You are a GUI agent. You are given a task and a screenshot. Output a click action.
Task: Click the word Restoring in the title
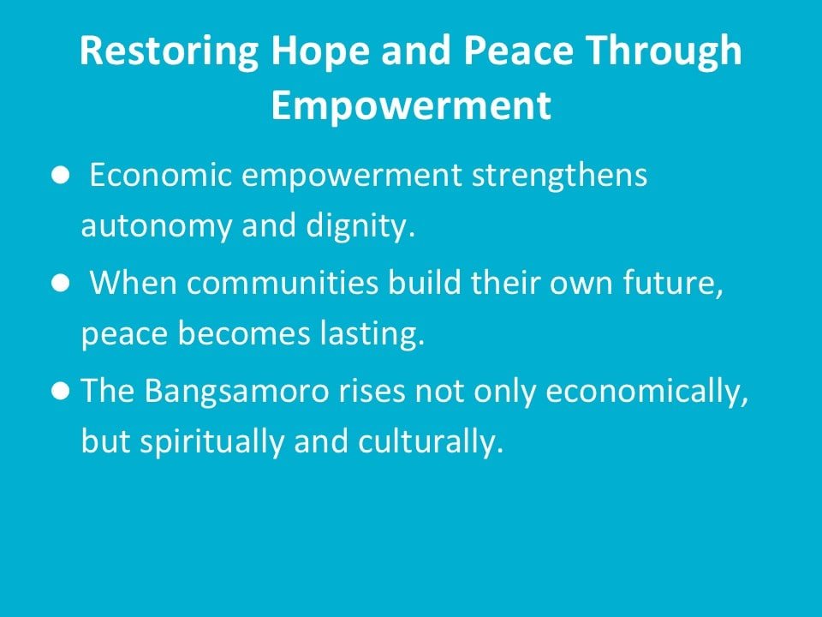169,51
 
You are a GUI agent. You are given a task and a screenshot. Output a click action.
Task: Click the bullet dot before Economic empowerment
61,176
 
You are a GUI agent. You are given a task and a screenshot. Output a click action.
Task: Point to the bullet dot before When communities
61,284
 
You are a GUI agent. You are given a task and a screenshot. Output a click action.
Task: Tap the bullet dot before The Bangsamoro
61,391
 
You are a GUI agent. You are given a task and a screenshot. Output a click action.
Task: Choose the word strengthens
559,175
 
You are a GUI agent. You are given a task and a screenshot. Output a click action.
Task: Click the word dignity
360,226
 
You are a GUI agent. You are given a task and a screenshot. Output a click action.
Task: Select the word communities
282,282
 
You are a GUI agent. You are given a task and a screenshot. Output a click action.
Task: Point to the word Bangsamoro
236,392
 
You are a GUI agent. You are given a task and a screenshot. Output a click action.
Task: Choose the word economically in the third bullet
647,392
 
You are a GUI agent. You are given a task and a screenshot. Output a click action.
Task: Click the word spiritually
211,442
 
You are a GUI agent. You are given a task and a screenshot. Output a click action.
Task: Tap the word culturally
431,442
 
